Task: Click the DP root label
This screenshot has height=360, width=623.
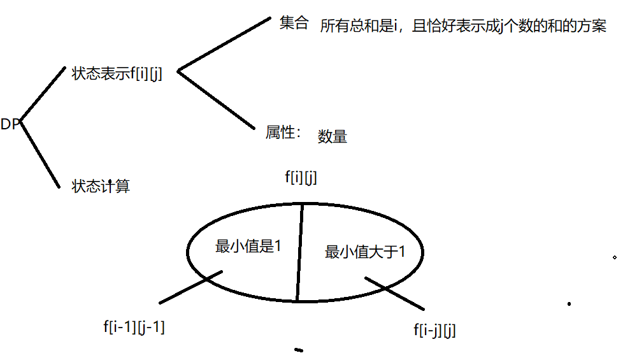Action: (x=11, y=124)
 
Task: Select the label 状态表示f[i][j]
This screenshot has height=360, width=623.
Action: (x=117, y=73)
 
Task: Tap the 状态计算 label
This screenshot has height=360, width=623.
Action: (x=101, y=186)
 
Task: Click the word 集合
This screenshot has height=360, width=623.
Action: (x=294, y=24)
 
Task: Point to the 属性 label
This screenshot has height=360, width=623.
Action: (x=282, y=133)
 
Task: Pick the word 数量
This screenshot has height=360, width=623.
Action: (x=332, y=136)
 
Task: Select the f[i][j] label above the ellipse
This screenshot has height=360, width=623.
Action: (x=301, y=178)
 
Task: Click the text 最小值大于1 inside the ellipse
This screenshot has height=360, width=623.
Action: (x=365, y=252)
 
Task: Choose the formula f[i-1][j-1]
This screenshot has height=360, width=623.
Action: (x=134, y=327)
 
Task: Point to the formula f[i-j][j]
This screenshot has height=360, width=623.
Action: (x=434, y=330)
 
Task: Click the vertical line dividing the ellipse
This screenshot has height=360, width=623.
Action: (x=299, y=252)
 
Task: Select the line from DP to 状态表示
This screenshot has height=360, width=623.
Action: (x=43, y=94)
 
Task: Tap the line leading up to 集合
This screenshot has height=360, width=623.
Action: (x=224, y=44)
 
